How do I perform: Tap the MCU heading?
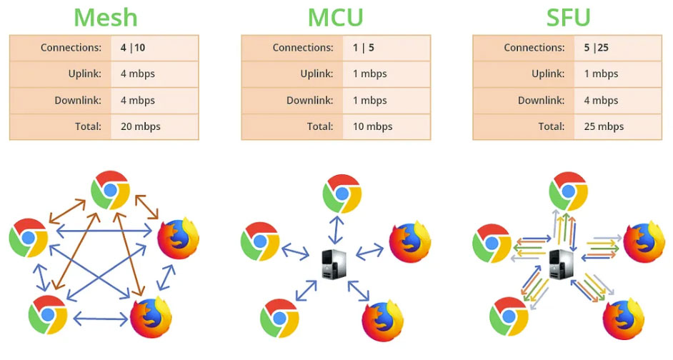(335, 17)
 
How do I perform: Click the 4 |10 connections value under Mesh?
(132, 49)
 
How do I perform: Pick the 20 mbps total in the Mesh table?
(140, 126)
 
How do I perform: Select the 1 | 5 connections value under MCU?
(363, 49)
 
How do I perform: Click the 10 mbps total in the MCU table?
(372, 126)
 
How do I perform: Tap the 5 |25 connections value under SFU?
(595, 49)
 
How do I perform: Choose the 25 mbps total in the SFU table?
(603, 126)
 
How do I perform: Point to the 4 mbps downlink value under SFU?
(600, 101)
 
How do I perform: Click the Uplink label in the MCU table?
(317, 74)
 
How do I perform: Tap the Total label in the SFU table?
(551, 126)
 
